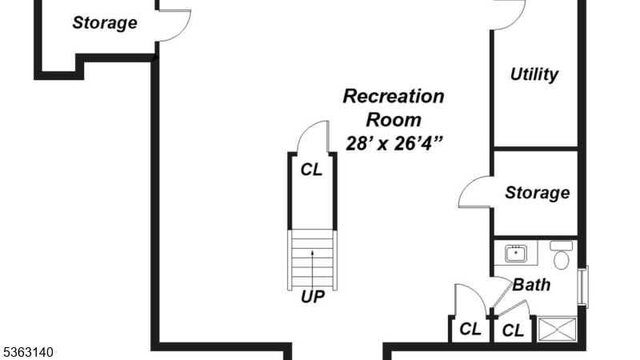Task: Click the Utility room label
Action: click(x=534, y=75)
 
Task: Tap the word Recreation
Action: click(x=393, y=97)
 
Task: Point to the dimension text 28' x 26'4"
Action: click(x=394, y=144)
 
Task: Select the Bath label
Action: click(x=531, y=284)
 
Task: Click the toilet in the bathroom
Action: click(x=562, y=255)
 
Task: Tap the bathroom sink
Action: click(x=516, y=254)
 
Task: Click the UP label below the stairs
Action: click(x=312, y=297)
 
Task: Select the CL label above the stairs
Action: click(x=311, y=170)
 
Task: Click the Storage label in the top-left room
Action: click(x=105, y=22)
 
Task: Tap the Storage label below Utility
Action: click(x=537, y=193)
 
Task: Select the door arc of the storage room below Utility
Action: click(x=474, y=193)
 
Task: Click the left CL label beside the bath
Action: click(x=470, y=329)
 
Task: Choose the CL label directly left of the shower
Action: click(x=513, y=329)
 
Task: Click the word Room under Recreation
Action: click(x=394, y=120)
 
